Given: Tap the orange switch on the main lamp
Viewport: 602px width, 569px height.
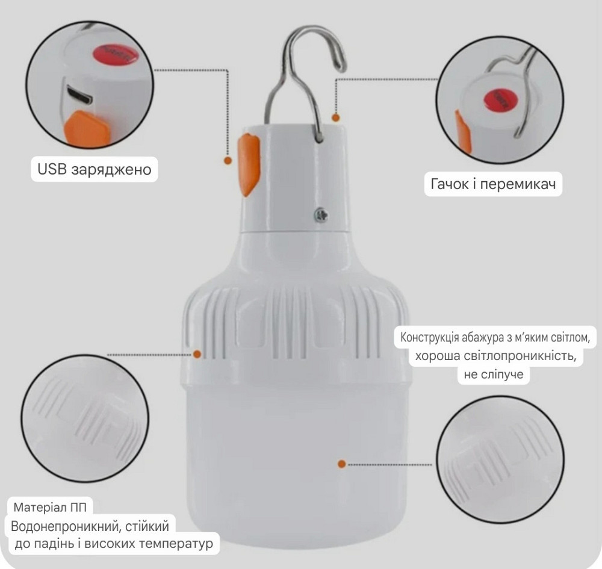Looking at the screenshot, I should coord(249,163).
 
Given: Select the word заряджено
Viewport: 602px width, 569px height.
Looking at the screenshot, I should coord(111,170).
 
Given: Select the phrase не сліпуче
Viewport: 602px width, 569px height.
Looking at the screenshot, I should coord(493,375).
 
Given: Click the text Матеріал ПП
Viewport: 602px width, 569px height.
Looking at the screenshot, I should coord(54,506).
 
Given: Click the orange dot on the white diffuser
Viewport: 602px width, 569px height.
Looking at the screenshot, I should coord(341,464).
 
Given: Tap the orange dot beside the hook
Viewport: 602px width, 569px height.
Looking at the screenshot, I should coord(336,118).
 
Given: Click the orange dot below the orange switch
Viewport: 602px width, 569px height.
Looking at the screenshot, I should coord(228,161).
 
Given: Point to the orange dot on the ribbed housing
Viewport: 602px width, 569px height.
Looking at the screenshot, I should coord(198,354).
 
